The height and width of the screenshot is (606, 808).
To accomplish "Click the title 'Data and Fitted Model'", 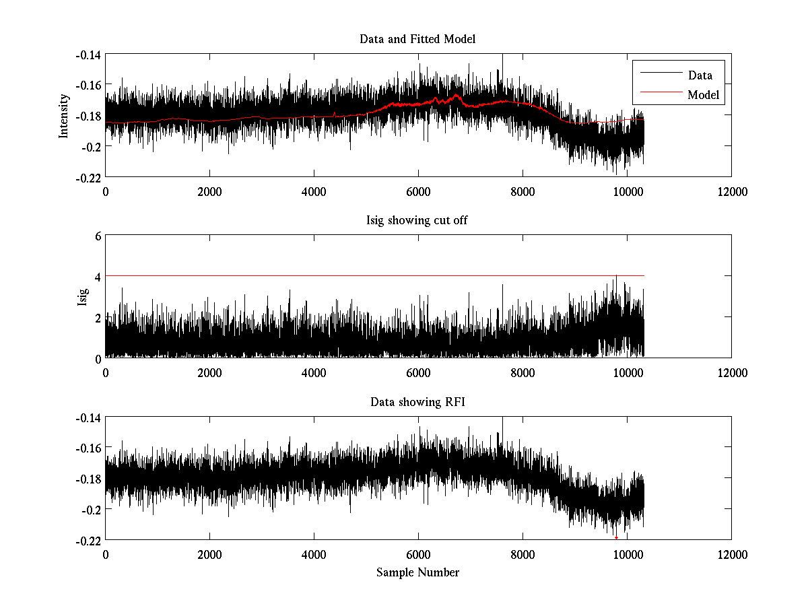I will (417, 39).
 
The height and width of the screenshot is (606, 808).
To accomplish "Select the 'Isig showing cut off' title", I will (417, 221).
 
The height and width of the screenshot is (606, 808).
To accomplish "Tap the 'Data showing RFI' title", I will (417, 402).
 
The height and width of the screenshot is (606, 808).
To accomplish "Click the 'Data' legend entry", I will (700, 75).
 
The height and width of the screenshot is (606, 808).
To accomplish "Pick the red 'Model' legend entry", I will (703, 95).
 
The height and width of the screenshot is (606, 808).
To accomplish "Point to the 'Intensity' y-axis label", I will (64, 115).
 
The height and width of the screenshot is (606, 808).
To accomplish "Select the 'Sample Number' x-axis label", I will (417, 572).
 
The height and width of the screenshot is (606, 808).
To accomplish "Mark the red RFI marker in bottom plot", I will (616, 537).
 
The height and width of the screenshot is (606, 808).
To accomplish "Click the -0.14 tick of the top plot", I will (87, 55).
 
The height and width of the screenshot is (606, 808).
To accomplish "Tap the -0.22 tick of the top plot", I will (87, 177).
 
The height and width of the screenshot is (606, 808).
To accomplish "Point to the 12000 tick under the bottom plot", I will (731, 555).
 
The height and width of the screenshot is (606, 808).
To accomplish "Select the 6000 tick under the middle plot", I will (418, 373).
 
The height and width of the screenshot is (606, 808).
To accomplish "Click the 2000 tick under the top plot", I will (209, 192).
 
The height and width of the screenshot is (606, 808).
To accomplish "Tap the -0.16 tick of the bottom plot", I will (87, 448).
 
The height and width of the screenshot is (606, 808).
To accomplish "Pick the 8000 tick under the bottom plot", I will (523, 555).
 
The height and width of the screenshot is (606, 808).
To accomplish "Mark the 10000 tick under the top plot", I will (627, 192).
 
